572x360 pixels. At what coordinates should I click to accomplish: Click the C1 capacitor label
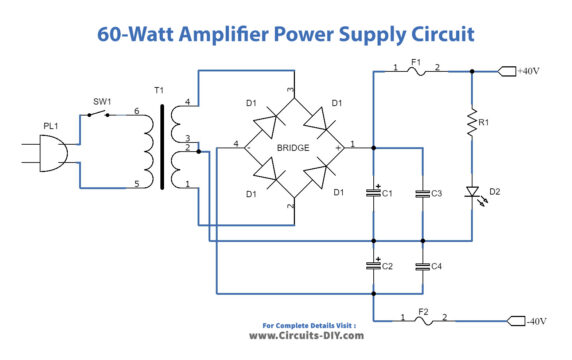[x=386, y=192]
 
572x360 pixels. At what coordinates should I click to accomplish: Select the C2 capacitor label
[x=386, y=267]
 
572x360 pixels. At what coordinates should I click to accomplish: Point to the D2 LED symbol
[x=470, y=190]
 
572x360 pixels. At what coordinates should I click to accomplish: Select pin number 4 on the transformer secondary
[x=187, y=99]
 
